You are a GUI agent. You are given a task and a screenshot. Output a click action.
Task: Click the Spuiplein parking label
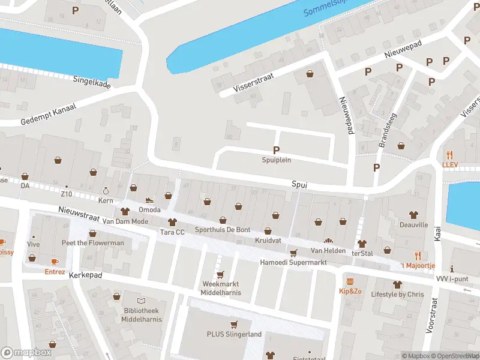pos(276,160)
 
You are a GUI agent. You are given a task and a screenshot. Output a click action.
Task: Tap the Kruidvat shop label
pos(268,241)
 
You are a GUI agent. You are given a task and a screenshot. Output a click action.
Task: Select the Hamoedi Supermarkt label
pos(293,263)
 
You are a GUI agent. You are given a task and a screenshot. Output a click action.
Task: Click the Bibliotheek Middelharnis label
pos(140,314)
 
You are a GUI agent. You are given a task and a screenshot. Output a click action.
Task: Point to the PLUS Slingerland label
pos(234,334)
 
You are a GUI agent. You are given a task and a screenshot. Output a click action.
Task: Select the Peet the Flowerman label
pos(92,243)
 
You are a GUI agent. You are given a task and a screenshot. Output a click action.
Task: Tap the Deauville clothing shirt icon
pos(413,214)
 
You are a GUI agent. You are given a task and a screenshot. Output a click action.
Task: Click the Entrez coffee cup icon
pos(55,262)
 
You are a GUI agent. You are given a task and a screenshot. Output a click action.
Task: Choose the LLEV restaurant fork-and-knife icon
pos(449,154)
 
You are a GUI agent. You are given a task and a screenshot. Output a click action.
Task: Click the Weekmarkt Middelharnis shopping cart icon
pos(220,274)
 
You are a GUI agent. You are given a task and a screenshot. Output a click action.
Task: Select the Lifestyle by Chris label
pos(397,295)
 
